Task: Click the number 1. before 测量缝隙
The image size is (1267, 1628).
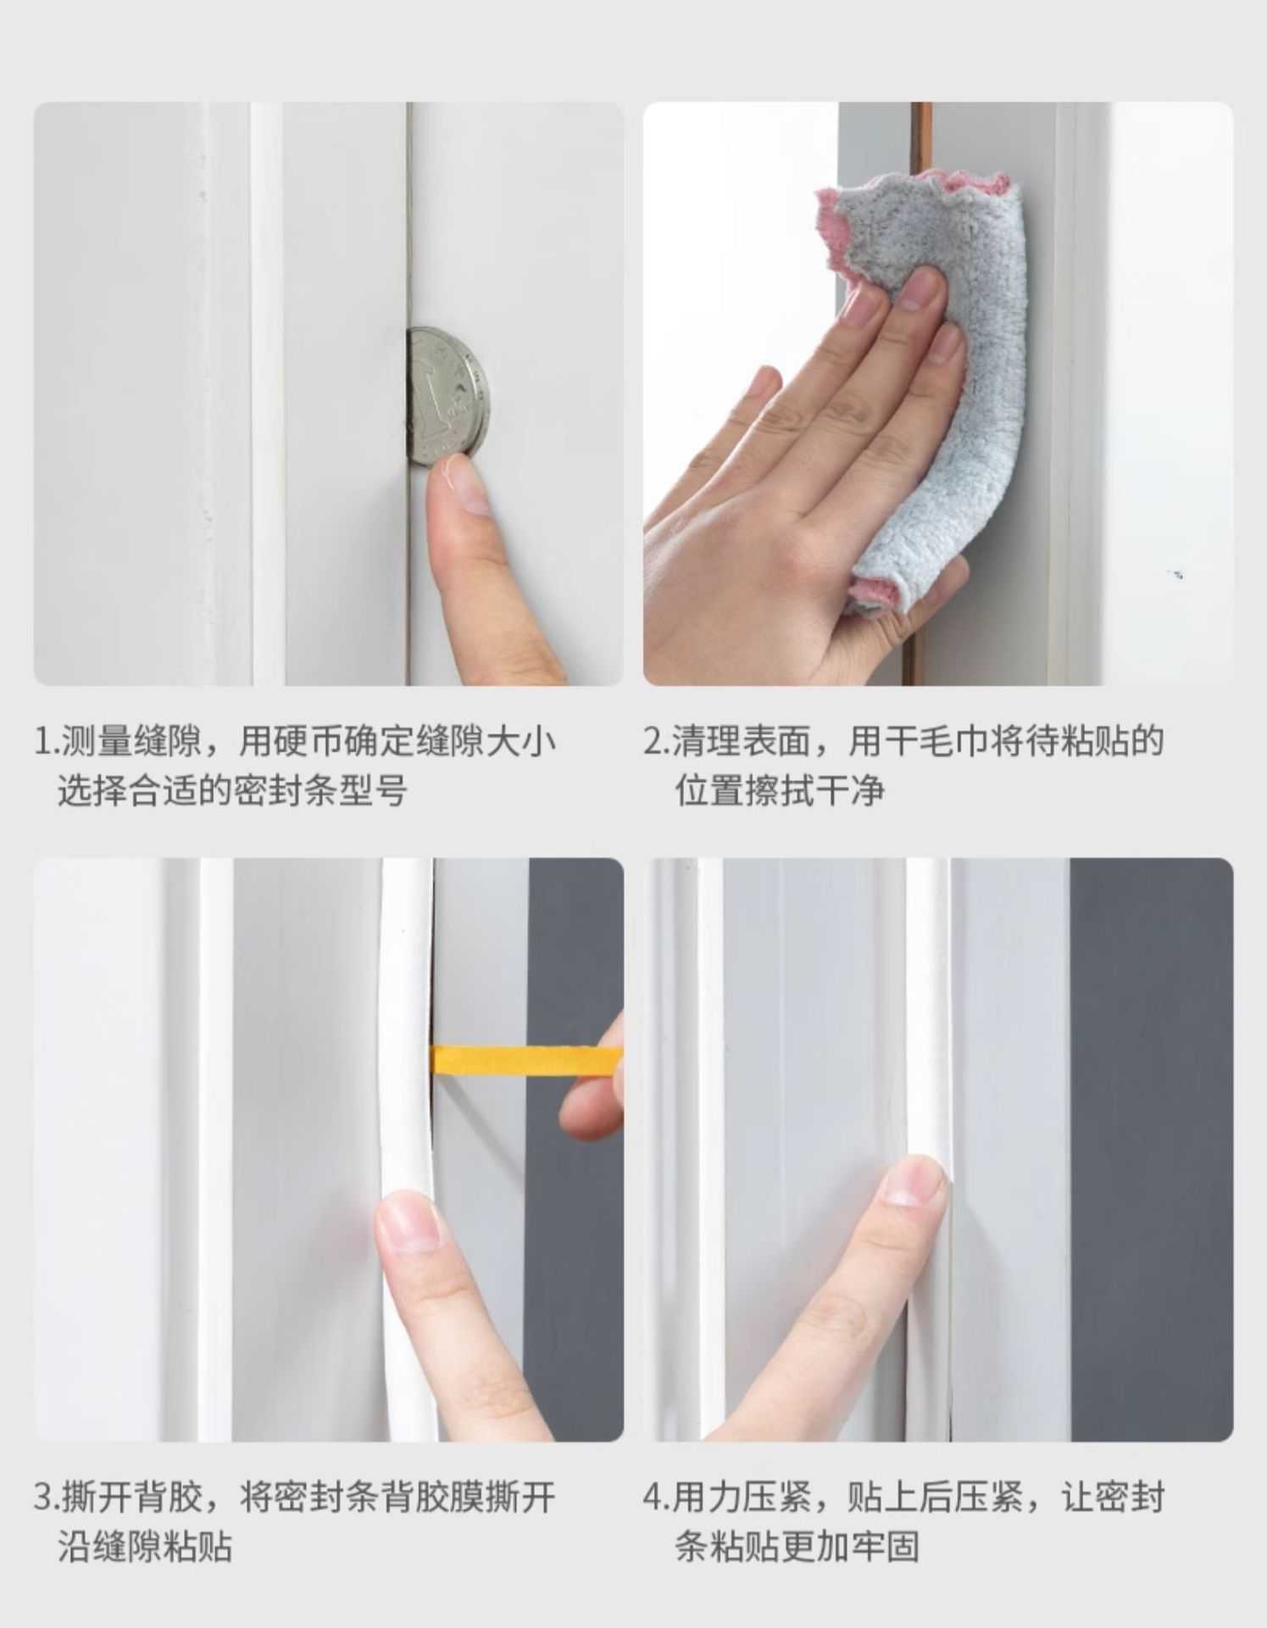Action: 44,741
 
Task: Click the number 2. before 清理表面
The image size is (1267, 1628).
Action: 656,741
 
